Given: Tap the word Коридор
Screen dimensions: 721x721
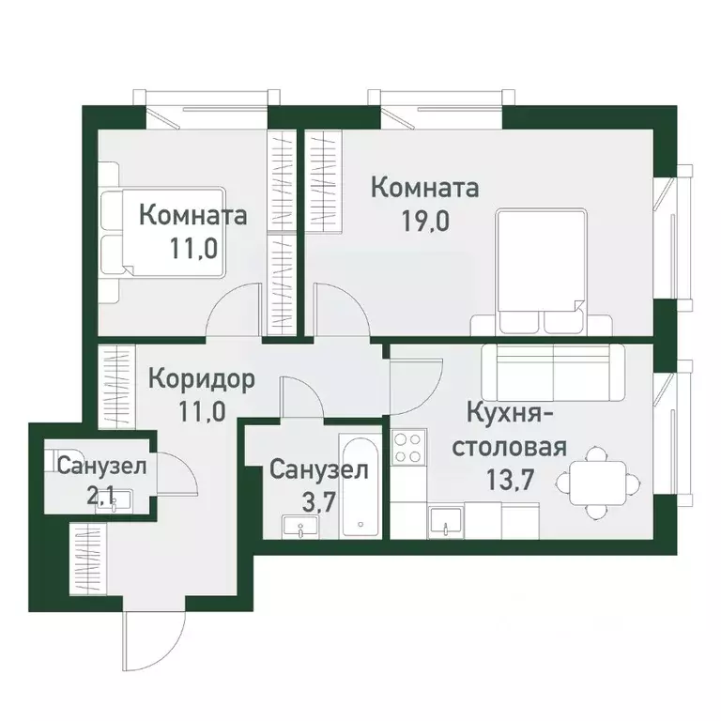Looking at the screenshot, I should point(201,379).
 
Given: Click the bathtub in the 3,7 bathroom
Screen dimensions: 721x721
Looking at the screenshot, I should point(359,487).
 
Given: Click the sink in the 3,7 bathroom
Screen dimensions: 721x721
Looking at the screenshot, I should point(302,529).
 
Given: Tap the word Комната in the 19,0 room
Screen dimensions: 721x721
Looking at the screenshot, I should point(425,188).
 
